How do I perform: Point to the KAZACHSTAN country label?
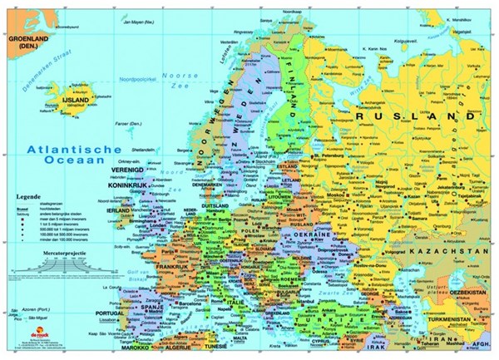(452, 249)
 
